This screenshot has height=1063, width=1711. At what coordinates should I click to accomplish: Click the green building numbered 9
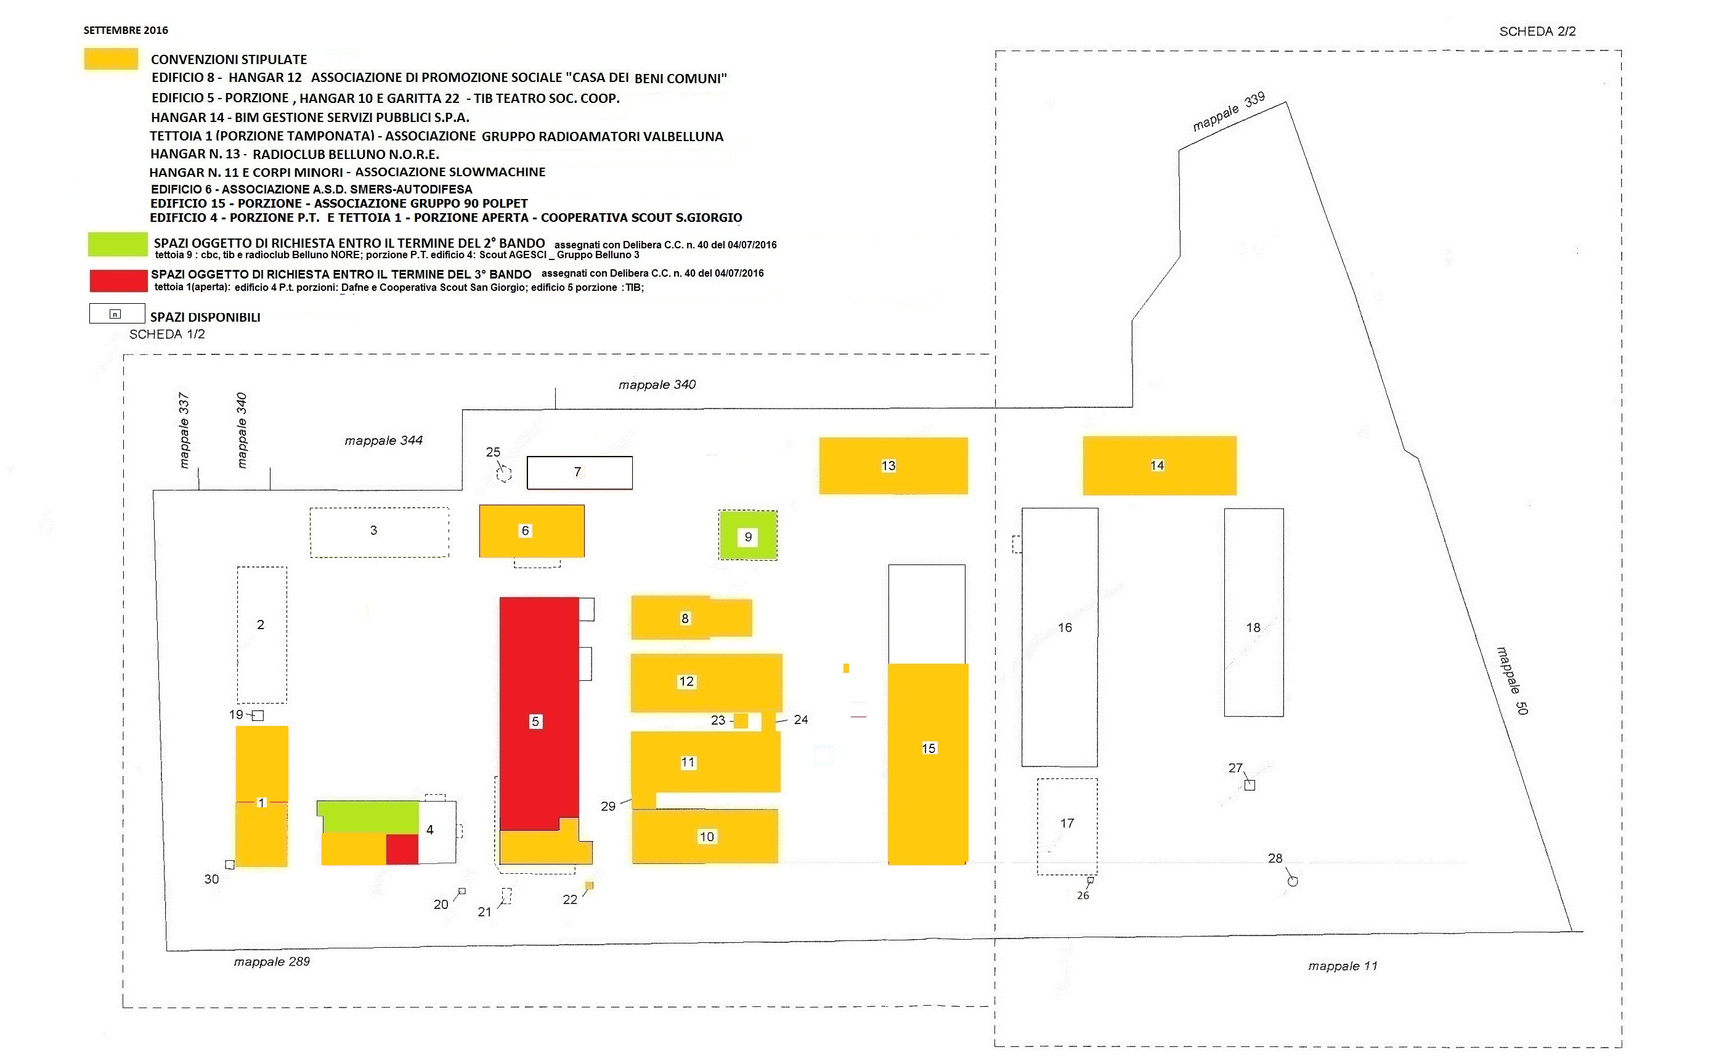point(747,536)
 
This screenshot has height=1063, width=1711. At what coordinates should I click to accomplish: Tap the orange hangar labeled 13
point(893,465)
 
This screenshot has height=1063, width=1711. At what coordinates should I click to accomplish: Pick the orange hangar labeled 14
point(1158,465)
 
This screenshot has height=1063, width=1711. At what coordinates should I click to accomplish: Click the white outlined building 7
point(579,473)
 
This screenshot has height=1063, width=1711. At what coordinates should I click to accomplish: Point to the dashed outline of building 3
point(379,532)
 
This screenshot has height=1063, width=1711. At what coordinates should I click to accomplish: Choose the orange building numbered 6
point(532,531)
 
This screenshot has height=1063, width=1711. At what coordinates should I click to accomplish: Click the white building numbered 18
point(1253,612)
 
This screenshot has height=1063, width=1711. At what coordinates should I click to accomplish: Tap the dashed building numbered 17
point(1067,826)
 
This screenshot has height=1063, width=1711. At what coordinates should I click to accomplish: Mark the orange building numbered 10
point(704,837)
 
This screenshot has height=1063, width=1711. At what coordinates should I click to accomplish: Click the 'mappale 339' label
point(1228,111)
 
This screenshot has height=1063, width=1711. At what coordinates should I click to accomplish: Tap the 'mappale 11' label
point(1342,966)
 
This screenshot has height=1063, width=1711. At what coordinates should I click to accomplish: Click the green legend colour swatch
point(118,244)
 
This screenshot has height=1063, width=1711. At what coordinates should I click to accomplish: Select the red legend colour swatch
point(118,280)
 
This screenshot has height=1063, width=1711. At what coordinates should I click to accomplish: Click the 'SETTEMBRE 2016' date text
point(126,30)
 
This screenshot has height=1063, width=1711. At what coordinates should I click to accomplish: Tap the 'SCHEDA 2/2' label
point(1537,31)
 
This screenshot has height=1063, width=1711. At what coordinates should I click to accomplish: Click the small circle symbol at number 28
point(1292,881)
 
